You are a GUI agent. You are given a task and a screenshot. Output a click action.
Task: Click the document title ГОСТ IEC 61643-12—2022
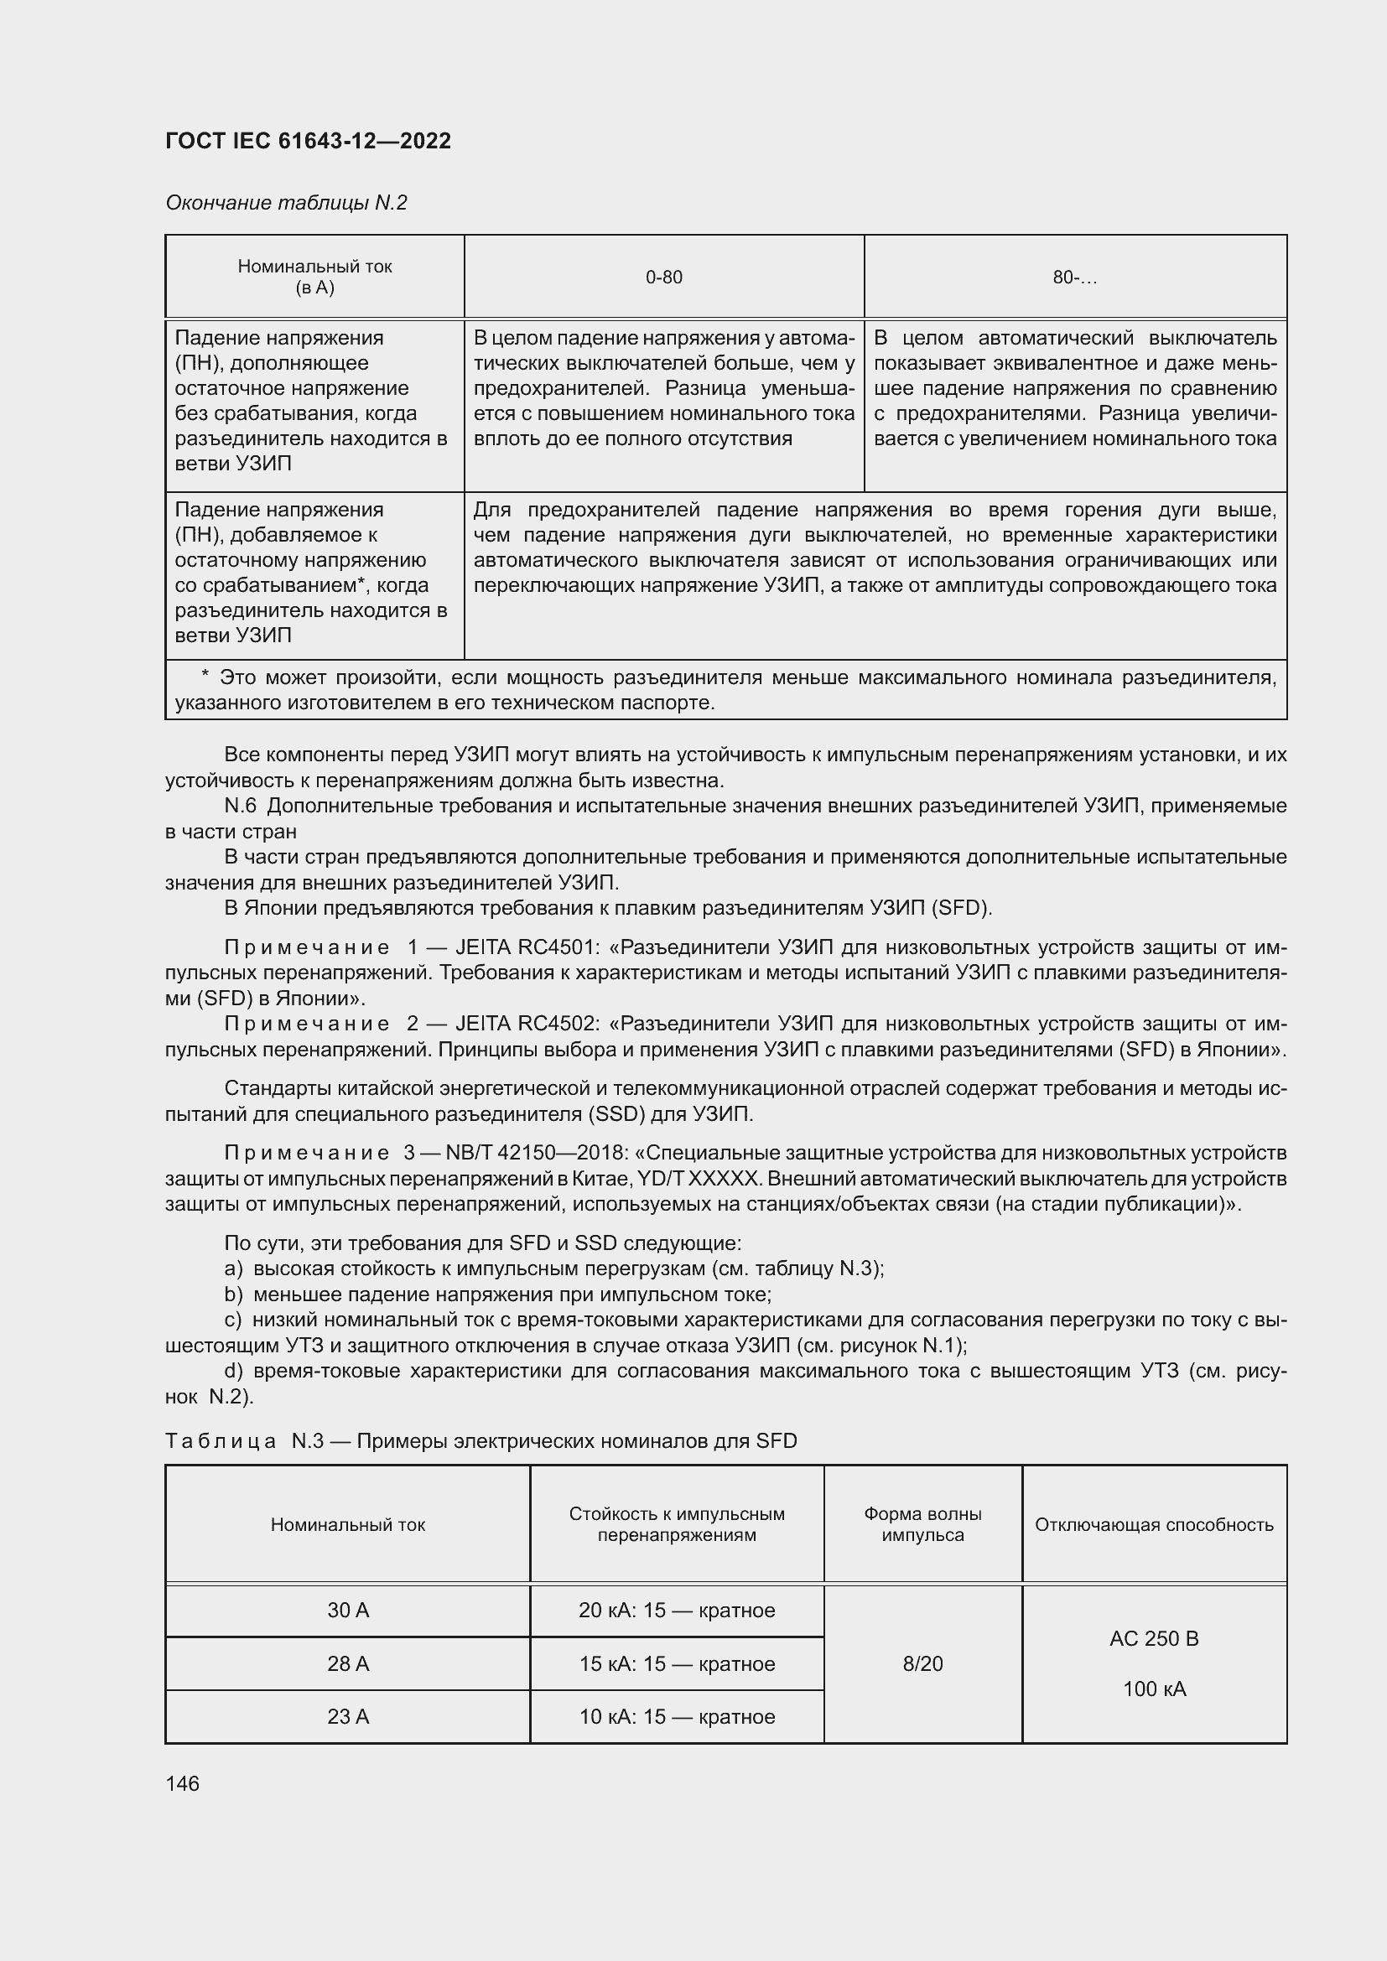click(x=308, y=141)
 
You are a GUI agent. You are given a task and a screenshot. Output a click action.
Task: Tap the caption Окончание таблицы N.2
click(x=286, y=203)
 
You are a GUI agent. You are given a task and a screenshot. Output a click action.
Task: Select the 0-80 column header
click(x=663, y=278)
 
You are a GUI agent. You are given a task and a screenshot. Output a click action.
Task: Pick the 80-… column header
click(x=1074, y=278)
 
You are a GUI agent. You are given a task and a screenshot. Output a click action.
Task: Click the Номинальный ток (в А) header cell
click(x=314, y=277)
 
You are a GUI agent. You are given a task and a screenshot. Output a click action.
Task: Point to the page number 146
click(x=182, y=1783)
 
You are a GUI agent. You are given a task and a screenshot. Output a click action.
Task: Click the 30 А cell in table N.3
click(x=348, y=1611)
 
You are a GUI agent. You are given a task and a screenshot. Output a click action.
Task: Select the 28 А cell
click(x=348, y=1663)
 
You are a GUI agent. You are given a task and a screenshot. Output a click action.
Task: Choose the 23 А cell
click(x=348, y=1717)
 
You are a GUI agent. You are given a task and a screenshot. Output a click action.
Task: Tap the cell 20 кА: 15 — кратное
click(x=677, y=1611)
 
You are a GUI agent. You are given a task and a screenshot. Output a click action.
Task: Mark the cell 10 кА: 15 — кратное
click(x=677, y=1717)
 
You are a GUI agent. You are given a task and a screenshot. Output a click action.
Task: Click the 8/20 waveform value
click(x=922, y=1663)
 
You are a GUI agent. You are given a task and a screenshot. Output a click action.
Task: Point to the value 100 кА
click(x=1154, y=1689)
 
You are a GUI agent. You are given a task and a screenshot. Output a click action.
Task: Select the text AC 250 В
click(x=1154, y=1639)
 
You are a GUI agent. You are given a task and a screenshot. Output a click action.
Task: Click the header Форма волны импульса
click(x=922, y=1524)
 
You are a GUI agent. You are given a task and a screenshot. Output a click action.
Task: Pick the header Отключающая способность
click(x=1154, y=1525)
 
